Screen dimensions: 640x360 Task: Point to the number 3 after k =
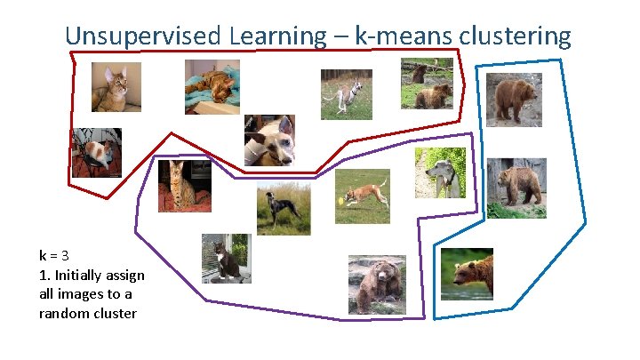click(65, 256)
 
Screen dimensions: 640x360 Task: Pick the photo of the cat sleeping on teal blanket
click(212, 87)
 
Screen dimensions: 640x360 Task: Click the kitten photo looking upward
click(116, 88)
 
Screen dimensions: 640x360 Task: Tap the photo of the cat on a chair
click(96, 153)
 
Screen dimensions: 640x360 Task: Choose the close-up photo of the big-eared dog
click(269, 140)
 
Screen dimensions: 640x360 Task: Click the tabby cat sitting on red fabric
click(184, 185)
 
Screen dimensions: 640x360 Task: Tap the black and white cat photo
click(226, 260)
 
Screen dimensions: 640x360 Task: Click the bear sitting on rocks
click(377, 284)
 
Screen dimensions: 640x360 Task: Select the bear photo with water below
click(467, 274)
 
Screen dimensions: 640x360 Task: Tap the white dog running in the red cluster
click(347, 93)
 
